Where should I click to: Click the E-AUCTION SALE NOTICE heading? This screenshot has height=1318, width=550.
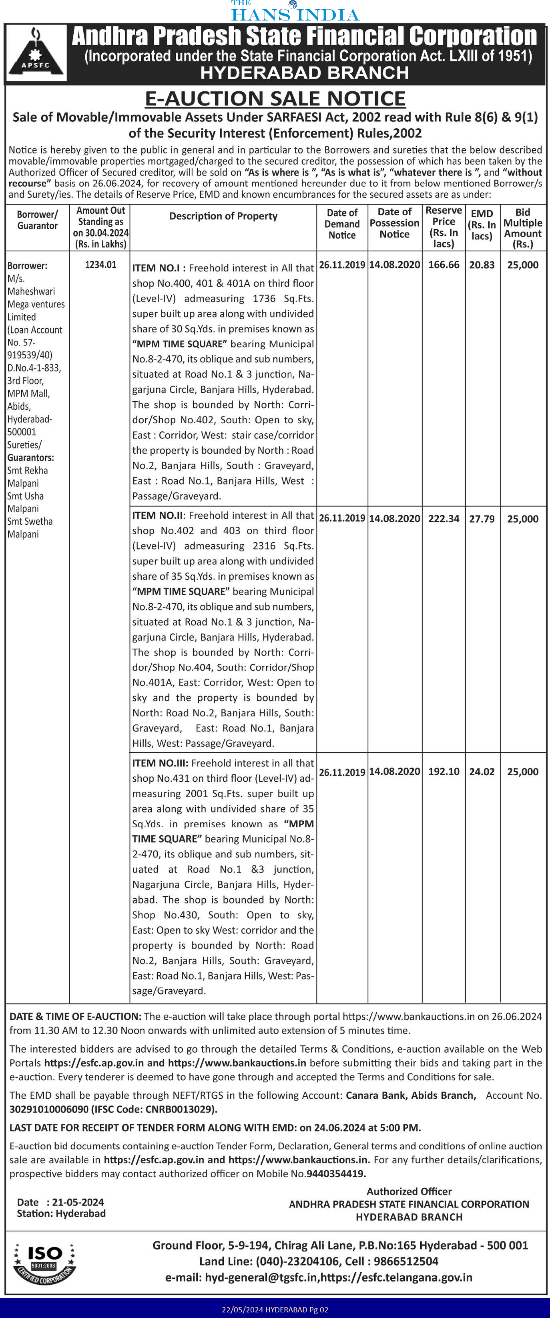click(x=275, y=98)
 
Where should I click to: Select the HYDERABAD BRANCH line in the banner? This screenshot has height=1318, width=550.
click(x=304, y=73)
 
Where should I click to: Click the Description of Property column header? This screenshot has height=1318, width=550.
click(x=223, y=216)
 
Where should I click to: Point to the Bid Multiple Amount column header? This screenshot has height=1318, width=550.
click(x=522, y=228)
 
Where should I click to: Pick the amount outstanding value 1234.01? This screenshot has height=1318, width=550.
click(x=101, y=265)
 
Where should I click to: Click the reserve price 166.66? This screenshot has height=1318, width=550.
click(x=444, y=265)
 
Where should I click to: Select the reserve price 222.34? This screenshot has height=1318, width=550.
click(x=444, y=518)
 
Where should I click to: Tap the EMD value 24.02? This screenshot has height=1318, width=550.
click(x=482, y=772)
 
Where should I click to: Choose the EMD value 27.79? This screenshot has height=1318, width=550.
click(x=482, y=518)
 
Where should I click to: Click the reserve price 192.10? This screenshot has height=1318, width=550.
click(x=444, y=772)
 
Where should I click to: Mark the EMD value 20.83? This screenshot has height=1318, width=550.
click(x=482, y=265)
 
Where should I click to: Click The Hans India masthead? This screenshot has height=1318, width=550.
click(x=295, y=11)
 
